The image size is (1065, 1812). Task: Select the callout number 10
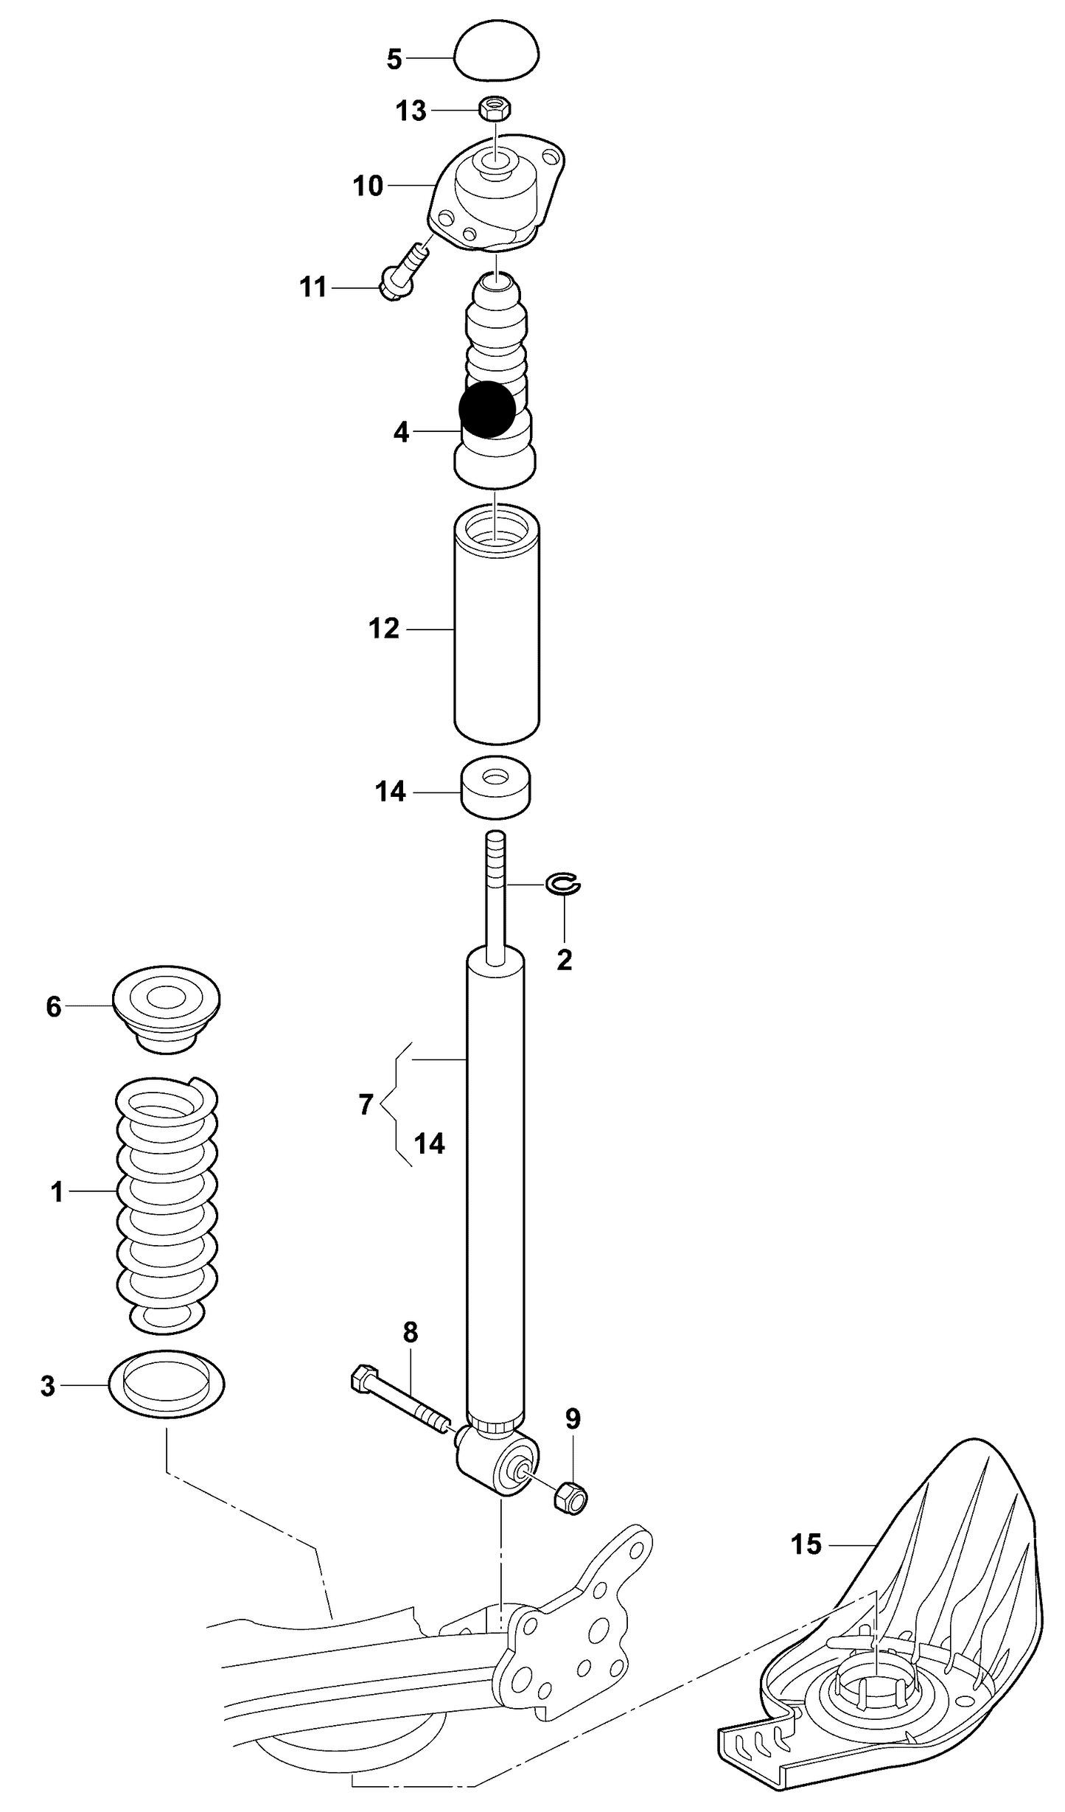point(369,186)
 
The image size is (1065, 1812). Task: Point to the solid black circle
point(487,409)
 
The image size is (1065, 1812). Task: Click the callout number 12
point(384,629)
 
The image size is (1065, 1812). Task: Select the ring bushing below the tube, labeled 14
point(497,787)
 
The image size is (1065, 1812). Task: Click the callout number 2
point(565,959)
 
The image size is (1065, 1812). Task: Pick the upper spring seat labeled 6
point(167,1006)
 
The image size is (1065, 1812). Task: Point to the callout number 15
point(806,1543)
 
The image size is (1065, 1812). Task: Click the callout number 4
point(401,432)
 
